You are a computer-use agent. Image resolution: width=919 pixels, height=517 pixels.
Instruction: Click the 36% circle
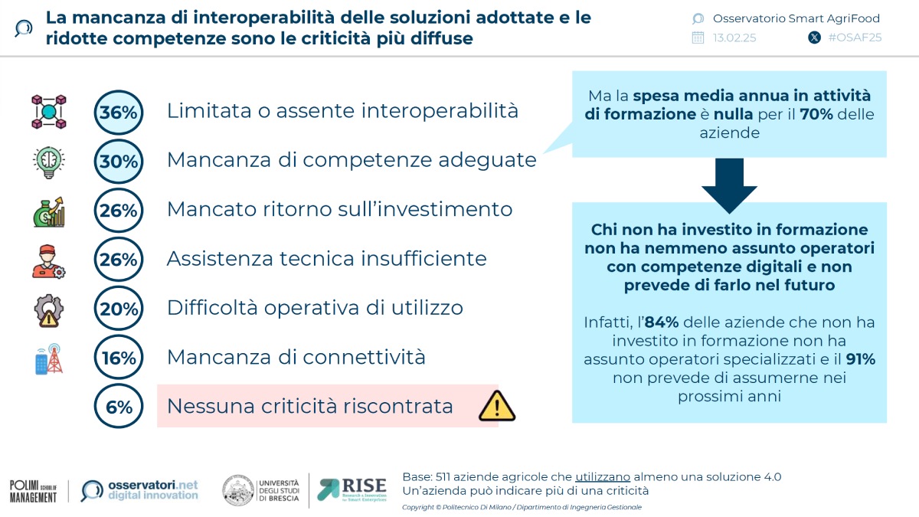[x=119, y=113]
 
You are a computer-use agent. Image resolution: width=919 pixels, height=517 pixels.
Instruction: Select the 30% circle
[x=119, y=162]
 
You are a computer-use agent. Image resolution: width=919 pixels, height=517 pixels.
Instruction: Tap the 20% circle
[x=119, y=309]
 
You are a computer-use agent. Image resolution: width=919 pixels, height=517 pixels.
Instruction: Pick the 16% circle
[x=119, y=358]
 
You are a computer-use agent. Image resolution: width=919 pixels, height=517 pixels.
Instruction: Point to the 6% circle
[x=119, y=407]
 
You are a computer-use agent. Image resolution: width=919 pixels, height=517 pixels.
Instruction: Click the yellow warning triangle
[x=496, y=406]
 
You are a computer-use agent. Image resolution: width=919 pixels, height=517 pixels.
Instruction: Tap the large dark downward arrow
[x=728, y=185]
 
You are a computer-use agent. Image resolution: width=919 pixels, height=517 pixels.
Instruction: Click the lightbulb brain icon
[x=49, y=162]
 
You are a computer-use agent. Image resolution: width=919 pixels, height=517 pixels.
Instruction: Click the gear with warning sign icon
[x=49, y=309]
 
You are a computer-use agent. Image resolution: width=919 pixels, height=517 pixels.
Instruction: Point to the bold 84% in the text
[x=661, y=322]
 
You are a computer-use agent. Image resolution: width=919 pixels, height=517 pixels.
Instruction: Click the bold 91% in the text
[x=859, y=359]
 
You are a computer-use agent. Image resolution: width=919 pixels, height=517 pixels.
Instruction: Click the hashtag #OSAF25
[x=854, y=38]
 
